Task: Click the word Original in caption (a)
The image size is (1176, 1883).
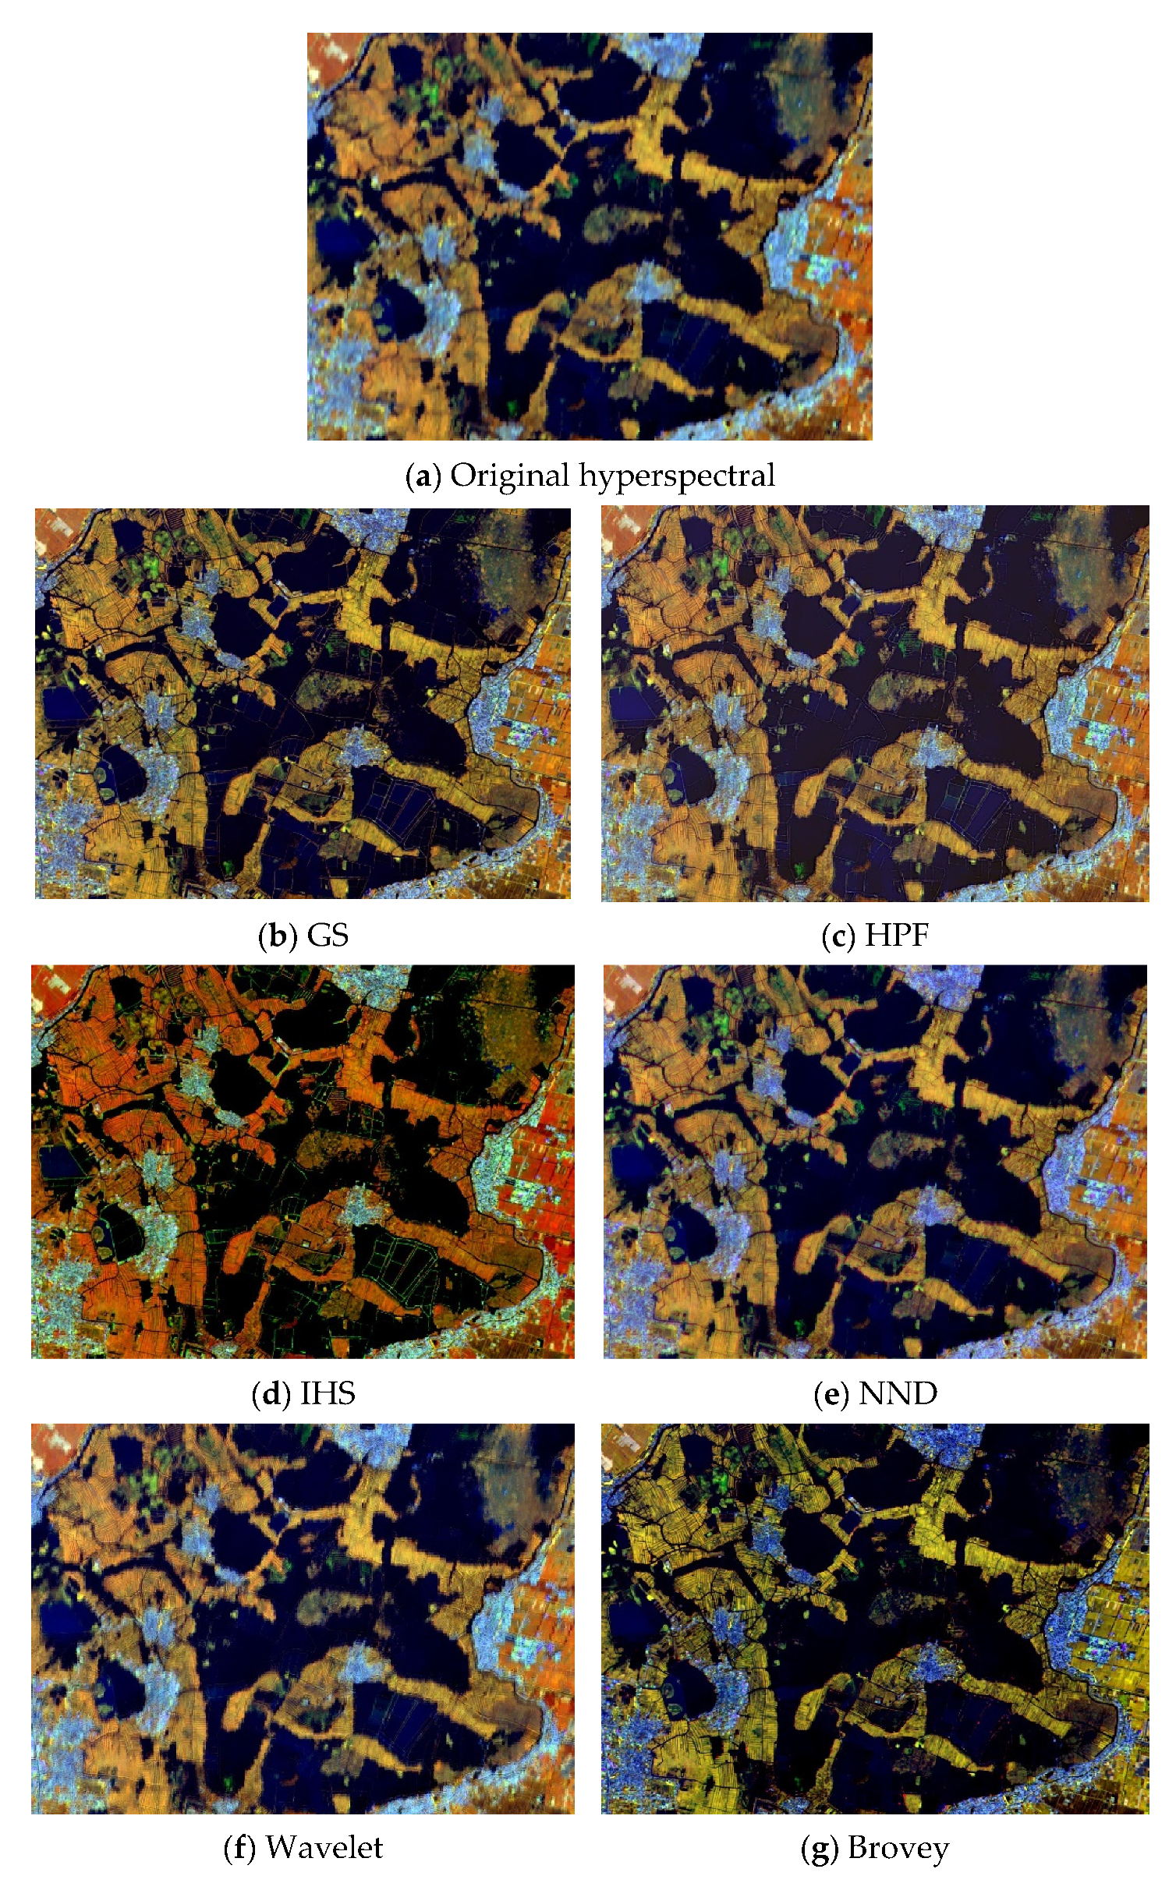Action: click(x=510, y=475)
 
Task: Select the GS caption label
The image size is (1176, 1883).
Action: click(x=328, y=935)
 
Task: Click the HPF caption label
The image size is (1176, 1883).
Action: click(x=897, y=935)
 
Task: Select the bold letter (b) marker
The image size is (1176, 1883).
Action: click(x=278, y=935)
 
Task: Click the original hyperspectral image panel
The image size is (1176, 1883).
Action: click(x=590, y=236)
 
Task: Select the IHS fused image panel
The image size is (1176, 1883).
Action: click(x=303, y=1162)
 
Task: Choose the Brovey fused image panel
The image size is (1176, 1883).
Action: click(x=875, y=1619)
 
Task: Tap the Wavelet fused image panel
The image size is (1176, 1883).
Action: click(x=303, y=1619)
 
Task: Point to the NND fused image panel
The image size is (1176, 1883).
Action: click(x=875, y=1162)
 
